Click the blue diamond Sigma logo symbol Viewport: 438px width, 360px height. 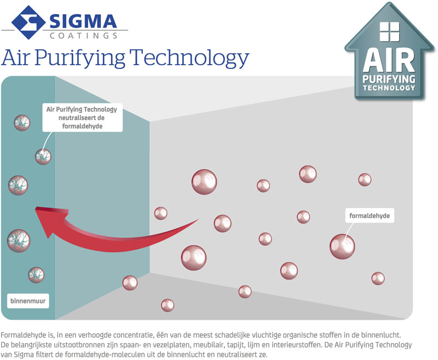click(x=28, y=22)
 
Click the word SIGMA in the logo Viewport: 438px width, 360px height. click(x=83, y=21)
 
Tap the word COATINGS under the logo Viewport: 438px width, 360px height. click(x=84, y=36)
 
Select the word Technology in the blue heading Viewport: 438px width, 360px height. click(x=189, y=58)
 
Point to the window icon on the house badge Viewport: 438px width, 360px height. click(x=389, y=32)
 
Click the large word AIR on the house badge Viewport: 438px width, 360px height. click(x=389, y=60)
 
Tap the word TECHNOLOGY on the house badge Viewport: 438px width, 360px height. click(x=389, y=88)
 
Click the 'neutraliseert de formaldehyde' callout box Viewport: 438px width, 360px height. click(x=83, y=118)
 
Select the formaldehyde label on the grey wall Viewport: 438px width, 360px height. click(x=370, y=215)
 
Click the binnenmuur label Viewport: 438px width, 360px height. click(x=28, y=301)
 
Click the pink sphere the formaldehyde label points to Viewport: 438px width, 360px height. click(x=342, y=247)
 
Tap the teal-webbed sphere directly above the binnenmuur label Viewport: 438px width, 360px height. click(x=36, y=275)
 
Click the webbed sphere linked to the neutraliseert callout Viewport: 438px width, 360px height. click(x=43, y=157)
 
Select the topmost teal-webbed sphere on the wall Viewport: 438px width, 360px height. click(x=22, y=123)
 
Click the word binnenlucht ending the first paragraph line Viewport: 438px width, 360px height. click(x=381, y=335)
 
